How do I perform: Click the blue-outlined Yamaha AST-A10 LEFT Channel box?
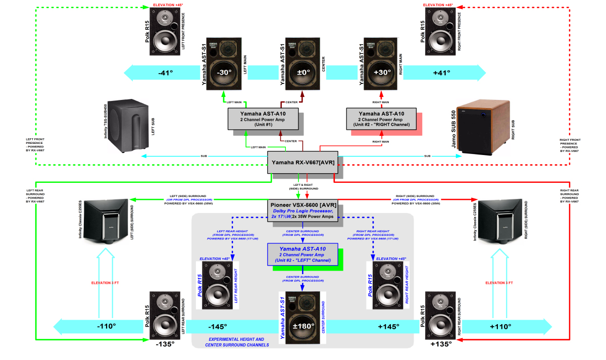pyautogui.click(x=302, y=254)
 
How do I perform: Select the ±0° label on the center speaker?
pyautogui.click(x=302, y=72)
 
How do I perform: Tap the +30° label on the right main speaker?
pyautogui.click(x=382, y=72)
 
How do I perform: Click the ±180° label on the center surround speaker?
pyautogui.click(x=303, y=326)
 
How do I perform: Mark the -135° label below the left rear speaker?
pyautogui.click(x=165, y=344)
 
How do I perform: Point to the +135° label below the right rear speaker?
pyautogui.click(x=441, y=344)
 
